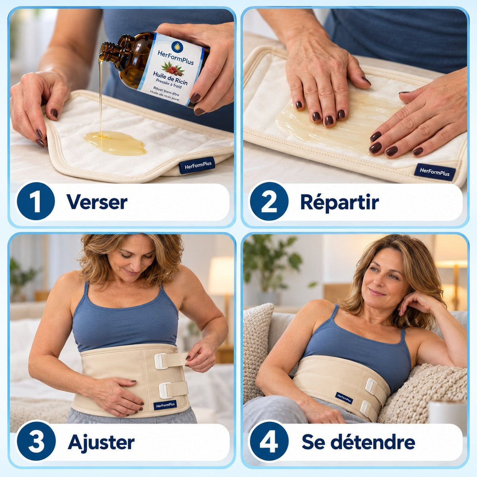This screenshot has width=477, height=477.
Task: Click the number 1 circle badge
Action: point(36,201)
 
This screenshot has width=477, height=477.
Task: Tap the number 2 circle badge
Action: point(269,201)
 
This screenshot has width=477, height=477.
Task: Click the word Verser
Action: point(97,202)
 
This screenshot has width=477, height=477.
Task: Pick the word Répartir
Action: point(339,202)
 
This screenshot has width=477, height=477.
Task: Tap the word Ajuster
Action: point(101,442)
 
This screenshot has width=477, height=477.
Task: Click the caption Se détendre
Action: point(359,442)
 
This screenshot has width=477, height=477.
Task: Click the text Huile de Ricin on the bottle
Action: point(170,78)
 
